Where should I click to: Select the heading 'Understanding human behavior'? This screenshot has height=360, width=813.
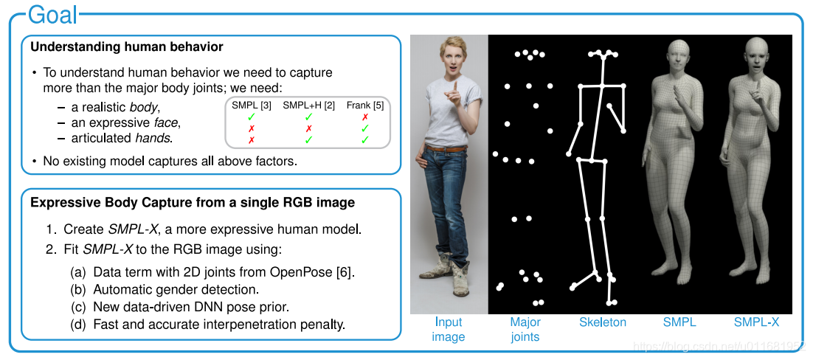[x=127, y=47]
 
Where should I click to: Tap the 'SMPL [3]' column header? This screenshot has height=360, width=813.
[x=252, y=105]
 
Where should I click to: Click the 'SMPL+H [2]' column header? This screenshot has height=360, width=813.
[x=309, y=105]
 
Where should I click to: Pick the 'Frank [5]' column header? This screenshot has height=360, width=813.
[x=364, y=105]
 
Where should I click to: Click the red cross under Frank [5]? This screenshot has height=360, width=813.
[x=364, y=117]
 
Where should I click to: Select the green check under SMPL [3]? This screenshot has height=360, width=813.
[x=252, y=117]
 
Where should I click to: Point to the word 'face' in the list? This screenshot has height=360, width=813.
[x=166, y=122]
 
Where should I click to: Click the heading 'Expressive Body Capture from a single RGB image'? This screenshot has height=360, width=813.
[x=193, y=203]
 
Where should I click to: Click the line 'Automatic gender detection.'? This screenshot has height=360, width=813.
[x=176, y=289]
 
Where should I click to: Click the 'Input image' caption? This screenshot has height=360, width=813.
[x=449, y=329]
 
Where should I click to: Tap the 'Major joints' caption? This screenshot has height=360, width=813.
[x=525, y=329]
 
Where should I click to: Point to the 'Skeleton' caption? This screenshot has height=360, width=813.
[x=603, y=322]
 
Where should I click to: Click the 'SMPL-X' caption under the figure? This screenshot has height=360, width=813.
[x=756, y=322]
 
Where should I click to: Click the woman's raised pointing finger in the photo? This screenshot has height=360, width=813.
[x=456, y=86]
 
